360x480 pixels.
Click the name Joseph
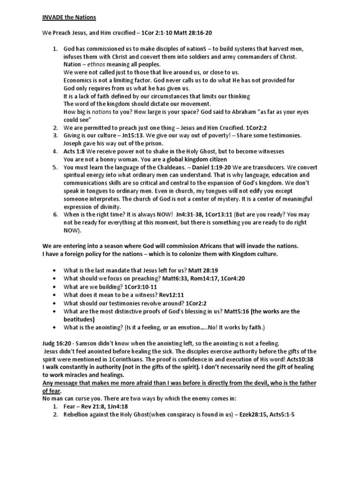pos(74,143)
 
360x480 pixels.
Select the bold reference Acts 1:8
pos(75,151)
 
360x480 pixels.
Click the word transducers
pos(288,167)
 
